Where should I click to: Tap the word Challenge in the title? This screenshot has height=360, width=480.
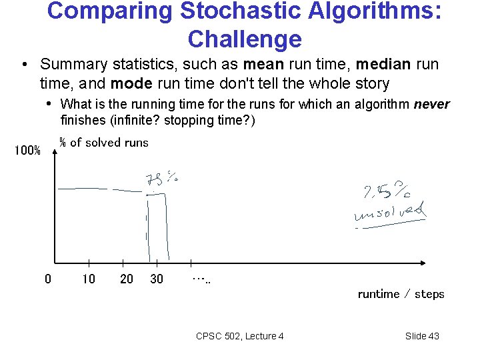245,39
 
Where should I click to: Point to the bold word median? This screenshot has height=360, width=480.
384,65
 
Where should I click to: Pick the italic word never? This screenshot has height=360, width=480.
432,104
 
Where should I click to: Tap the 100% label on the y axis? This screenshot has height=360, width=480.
27,151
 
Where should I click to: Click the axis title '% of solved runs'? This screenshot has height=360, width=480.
104,142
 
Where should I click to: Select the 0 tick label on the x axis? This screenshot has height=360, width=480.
47,279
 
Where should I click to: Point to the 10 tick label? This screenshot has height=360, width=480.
89,279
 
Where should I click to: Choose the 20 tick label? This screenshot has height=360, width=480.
127,279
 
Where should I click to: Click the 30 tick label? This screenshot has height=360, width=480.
157,279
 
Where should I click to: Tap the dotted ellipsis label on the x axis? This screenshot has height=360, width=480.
201,279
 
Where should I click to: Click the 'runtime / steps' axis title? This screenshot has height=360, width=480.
401,294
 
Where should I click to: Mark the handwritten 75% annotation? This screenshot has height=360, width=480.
161,179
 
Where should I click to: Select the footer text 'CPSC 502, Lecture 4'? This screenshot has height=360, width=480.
240,336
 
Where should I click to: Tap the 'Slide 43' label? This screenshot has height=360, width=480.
422,336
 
